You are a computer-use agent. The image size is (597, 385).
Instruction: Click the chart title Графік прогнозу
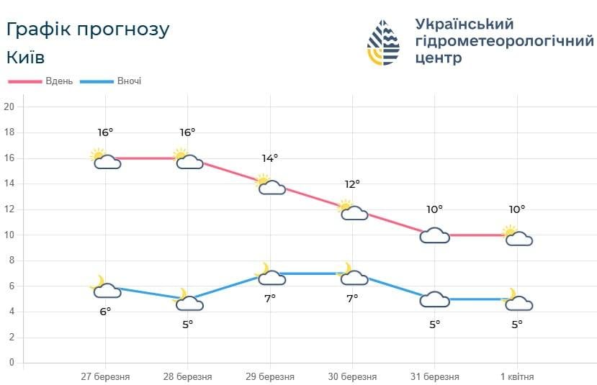(87, 30)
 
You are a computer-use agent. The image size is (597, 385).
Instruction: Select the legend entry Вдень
(58, 81)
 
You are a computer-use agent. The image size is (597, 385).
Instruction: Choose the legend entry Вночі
(129, 81)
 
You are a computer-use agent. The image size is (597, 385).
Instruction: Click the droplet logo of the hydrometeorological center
(383, 42)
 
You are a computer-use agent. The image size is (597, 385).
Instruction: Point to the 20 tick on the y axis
(9, 107)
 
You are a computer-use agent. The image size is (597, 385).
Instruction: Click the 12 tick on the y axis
(9, 209)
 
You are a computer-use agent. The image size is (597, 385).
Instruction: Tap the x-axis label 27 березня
(105, 377)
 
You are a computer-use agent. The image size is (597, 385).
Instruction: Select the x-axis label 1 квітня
(516, 377)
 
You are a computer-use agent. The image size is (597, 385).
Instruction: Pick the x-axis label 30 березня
(352, 377)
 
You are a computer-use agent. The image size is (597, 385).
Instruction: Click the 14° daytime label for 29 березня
(270, 158)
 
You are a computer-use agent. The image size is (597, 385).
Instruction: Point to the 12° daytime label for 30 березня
(352, 184)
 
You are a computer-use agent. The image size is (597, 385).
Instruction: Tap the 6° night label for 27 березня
(105, 311)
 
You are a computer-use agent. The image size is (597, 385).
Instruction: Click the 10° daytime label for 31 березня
(434, 209)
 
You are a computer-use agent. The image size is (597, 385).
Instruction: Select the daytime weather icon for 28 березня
(188, 159)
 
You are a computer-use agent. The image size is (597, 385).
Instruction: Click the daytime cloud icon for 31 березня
(434, 235)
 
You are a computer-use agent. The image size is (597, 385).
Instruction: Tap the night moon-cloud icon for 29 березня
(271, 275)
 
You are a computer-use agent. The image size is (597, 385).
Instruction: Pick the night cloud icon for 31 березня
(434, 299)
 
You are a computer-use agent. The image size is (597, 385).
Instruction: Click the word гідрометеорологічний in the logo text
(504, 42)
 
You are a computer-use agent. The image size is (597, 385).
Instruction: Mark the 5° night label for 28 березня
(187, 324)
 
